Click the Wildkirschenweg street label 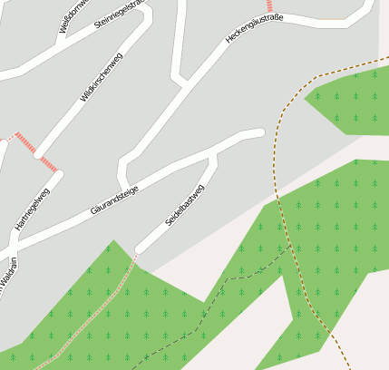click(101, 79)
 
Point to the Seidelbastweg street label click(185, 205)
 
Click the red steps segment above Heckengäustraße click(269, 5)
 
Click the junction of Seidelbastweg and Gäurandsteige click(214, 154)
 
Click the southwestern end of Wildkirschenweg click(39, 154)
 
